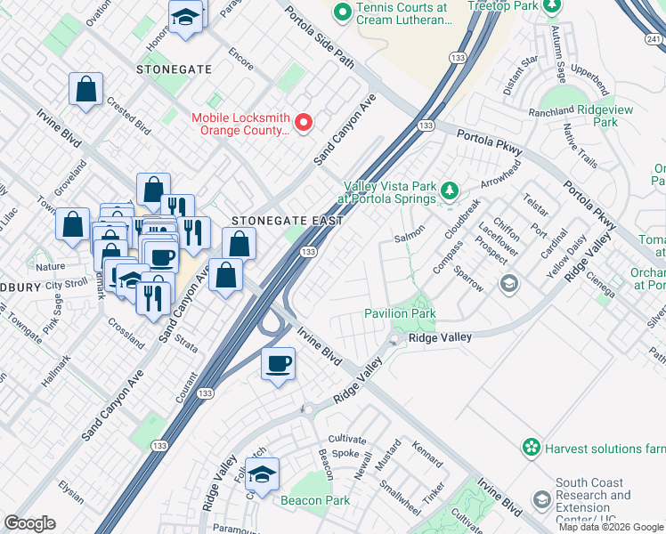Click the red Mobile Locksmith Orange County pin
click(303, 123)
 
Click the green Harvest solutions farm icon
click(532, 447)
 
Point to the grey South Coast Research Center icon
click(541, 501)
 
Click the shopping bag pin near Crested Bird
click(86, 88)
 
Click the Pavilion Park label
click(400, 313)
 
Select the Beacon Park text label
click(314, 501)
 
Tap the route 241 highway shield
click(654, 38)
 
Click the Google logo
click(29, 523)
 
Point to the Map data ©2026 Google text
click(610, 527)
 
